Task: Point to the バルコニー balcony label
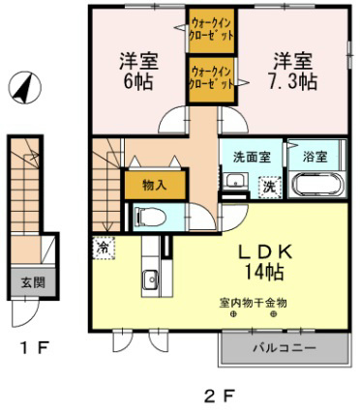coord(284,346)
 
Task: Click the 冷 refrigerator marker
coord(103,247)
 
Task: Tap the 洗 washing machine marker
coord(270,187)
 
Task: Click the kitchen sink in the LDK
coord(150,280)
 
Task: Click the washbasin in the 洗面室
coord(236,181)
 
